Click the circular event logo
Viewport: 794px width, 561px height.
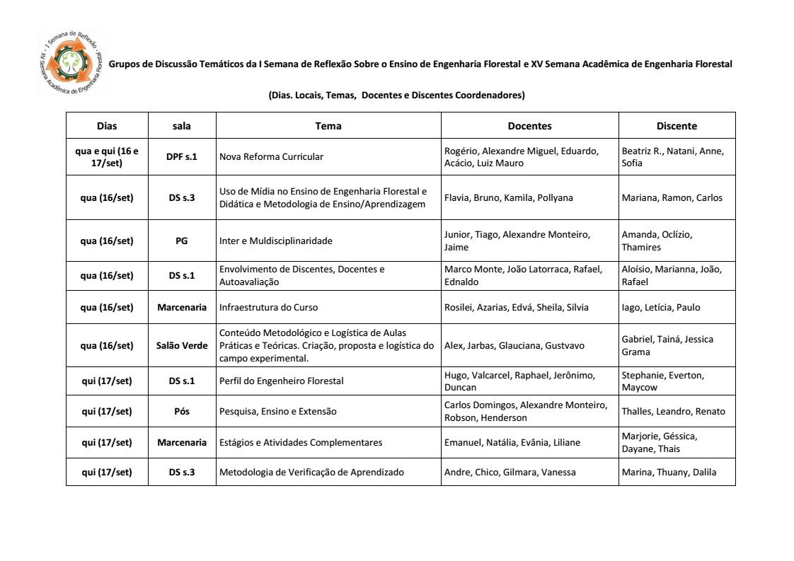tap(69, 64)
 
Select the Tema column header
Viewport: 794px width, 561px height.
tap(328, 126)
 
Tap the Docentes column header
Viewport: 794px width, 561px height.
tap(529, 126)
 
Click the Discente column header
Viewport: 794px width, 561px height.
tap(677, 126)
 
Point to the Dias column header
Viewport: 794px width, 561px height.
tap(107, 126)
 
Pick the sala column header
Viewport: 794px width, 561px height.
tap(182, 126)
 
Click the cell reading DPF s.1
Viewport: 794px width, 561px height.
tap(182, 156)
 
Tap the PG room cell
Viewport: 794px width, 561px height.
tap(182, 241)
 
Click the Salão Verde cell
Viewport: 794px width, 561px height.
tap(182, 345)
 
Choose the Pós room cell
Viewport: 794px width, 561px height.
tap(182, 411)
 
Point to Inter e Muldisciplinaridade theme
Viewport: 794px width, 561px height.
tap(276, 241)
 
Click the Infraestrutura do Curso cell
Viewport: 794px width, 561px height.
tap(269, 307)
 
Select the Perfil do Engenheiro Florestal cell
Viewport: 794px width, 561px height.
tap(282, 381)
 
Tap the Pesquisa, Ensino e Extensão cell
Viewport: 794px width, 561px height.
tap(278, 411)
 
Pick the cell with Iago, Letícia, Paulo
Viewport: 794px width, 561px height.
tap(660, 307)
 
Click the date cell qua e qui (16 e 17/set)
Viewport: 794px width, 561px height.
tap(107, 156)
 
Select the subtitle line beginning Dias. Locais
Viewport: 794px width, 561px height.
tap(396, 95)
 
